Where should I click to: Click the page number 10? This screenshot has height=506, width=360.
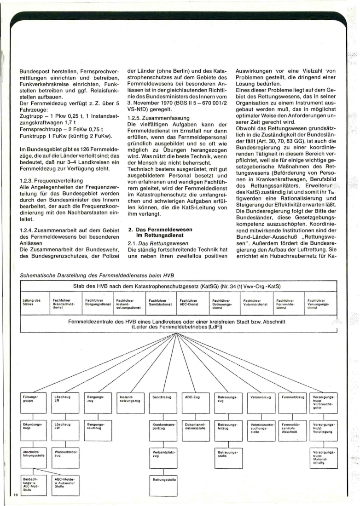coord(15,495)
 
